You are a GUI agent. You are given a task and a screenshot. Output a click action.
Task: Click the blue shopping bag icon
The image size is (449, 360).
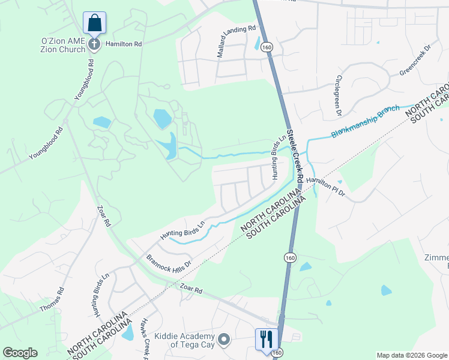tap(95, 23)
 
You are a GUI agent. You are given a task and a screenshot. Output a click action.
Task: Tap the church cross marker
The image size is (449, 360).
tap(94, 44)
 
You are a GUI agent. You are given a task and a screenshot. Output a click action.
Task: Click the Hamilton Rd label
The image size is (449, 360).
tap(123, 44)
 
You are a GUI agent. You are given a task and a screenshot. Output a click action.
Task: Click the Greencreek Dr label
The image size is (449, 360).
tap(415, 64)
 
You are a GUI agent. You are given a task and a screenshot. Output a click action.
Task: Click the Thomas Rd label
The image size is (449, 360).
tap(52, 298)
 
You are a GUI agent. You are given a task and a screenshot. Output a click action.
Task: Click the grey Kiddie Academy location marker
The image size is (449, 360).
tap(224, 340)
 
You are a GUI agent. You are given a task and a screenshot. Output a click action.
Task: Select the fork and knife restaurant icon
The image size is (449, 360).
tap(264, 339)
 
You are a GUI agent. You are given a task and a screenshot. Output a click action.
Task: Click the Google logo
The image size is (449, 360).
tap(20, 353)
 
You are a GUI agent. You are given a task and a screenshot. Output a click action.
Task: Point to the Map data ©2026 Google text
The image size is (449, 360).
tap(411, 355)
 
